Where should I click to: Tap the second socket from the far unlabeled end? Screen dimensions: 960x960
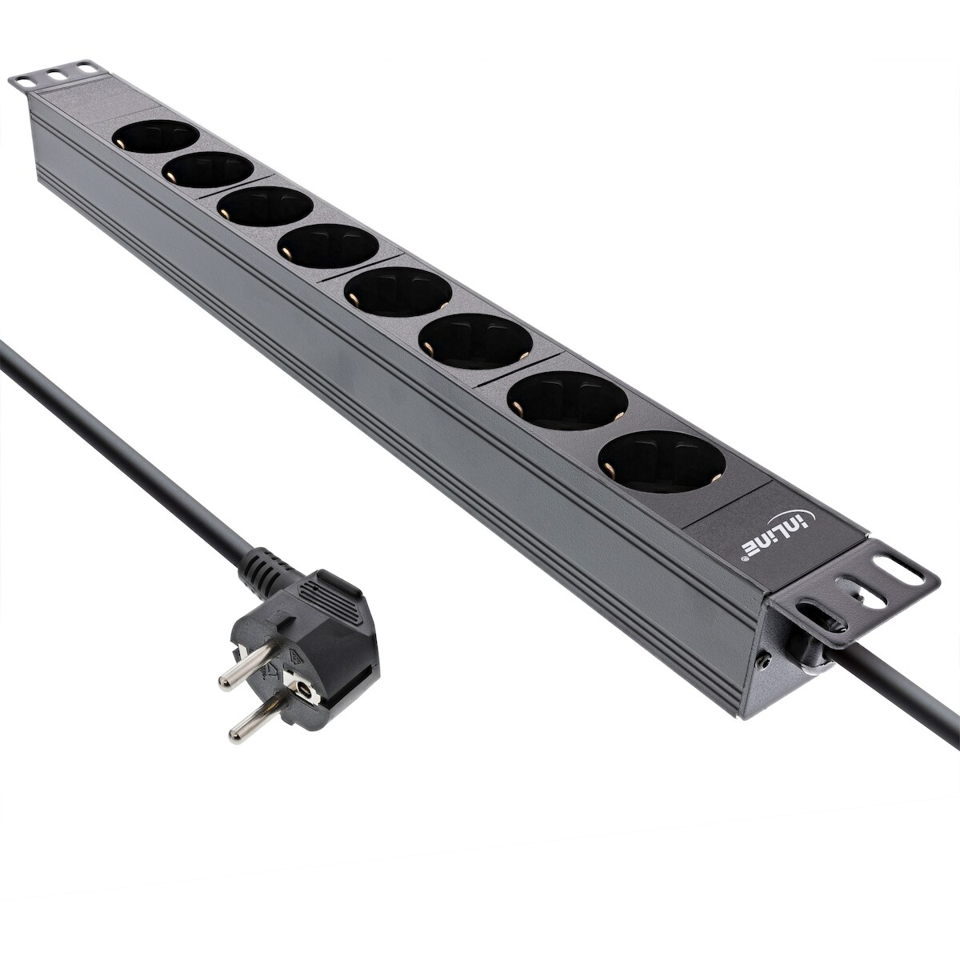208,170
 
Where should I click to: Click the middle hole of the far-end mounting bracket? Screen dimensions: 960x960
55,73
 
